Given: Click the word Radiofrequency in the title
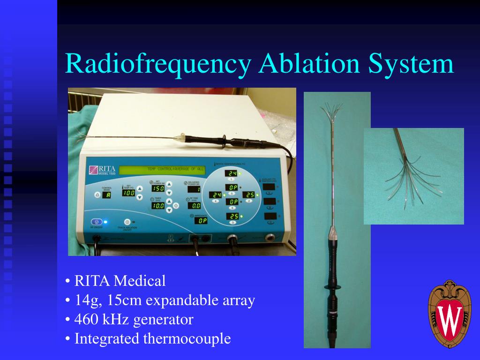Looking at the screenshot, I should [x=157, y=64].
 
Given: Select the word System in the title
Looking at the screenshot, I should [x=411, y=64].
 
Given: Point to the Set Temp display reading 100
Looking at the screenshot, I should [x=128, y=193].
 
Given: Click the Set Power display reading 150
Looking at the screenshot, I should [x=157, y=188].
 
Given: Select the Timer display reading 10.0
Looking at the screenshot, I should [x=157, y=205].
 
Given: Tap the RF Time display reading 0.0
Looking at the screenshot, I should [x=194, y=205].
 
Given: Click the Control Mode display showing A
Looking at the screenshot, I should [x=106, y=195].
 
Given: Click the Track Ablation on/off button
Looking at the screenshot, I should [x=127, y=222].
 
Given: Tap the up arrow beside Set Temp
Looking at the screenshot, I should [x=139, y=189].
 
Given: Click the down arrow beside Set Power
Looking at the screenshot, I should [x=169, y=192].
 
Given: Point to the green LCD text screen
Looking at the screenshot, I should [x=162, y=169].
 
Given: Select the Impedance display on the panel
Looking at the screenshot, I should [x=201, y=221].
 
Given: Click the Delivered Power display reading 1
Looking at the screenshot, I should [x=194, y=189].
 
